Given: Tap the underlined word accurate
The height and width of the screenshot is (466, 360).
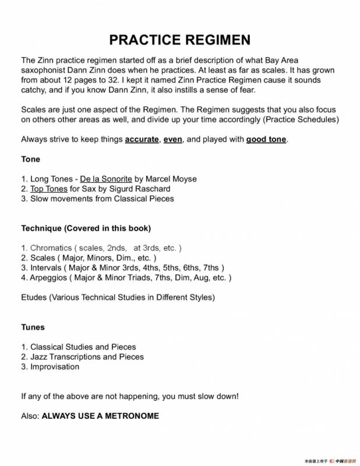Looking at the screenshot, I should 142,140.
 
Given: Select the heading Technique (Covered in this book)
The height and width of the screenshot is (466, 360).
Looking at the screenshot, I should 86,228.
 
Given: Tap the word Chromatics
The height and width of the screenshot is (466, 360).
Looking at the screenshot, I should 51,248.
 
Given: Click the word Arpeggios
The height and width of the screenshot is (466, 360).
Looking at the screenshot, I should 50,277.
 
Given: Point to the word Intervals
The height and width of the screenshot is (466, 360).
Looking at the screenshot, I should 47,267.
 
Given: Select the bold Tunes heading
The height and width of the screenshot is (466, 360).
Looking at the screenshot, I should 33,327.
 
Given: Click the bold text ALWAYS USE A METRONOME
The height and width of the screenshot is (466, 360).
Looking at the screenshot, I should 100,416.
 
